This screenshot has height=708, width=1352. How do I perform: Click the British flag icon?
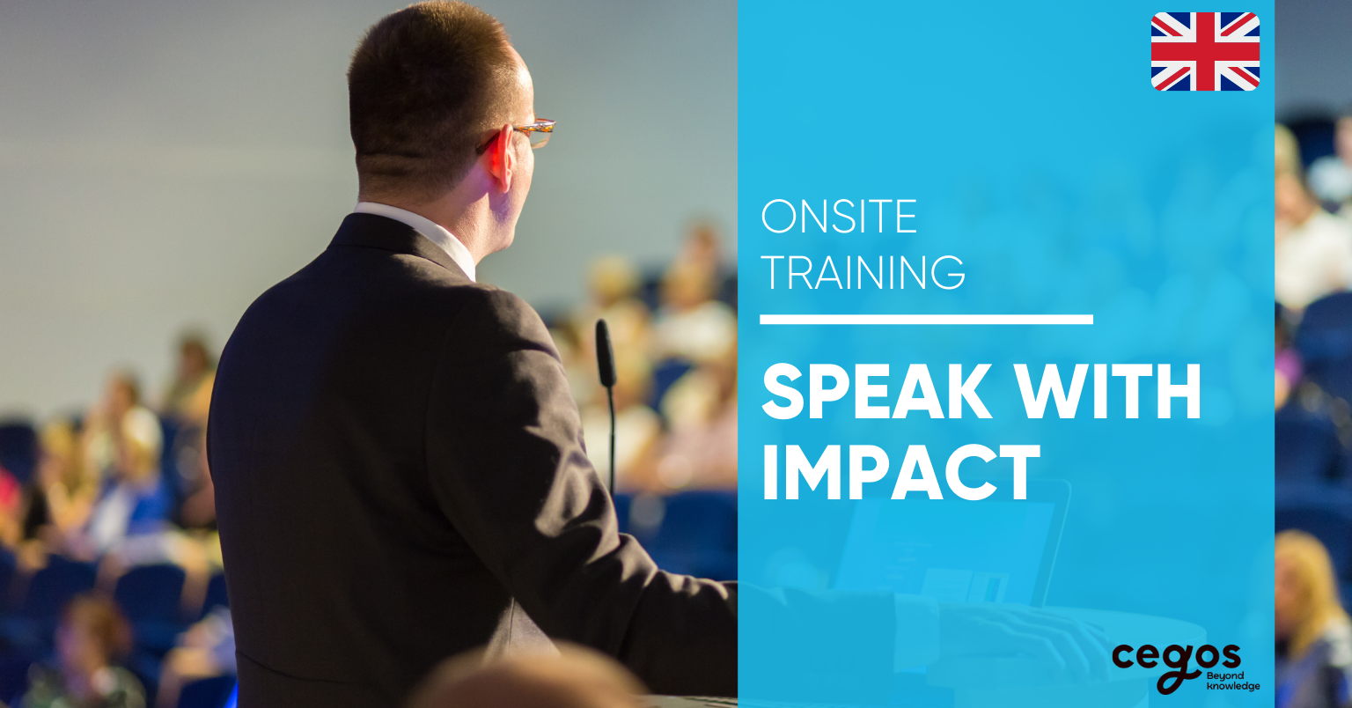click(x=1205, y=51)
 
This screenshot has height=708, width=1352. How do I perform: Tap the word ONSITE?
click(x=839, y=217)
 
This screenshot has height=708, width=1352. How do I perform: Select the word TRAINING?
click(x=863, y=272)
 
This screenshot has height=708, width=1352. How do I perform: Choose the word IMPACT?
click(x=901, y=472)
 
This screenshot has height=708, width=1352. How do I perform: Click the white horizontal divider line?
click(x=927, y=320)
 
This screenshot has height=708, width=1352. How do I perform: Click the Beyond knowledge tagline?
click(x=1232, y=681)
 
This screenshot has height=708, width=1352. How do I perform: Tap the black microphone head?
click(x=606, y=353)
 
